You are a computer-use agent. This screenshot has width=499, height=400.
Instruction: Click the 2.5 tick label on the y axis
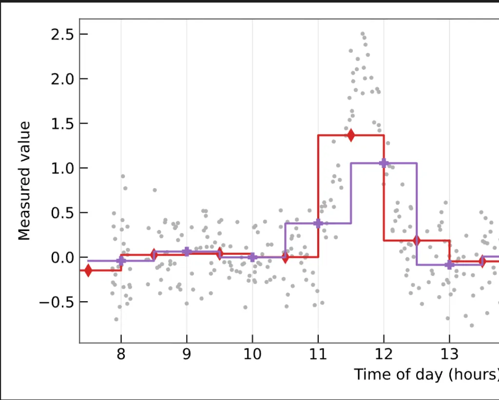coord(63,34)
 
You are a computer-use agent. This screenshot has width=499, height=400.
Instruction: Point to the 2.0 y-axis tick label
coord(63,79)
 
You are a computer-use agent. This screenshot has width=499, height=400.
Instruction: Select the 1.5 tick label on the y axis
coord(63,124)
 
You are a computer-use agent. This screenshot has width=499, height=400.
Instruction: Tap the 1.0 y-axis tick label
coord(63,168)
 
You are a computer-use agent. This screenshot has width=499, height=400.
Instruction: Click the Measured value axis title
coord(25,181)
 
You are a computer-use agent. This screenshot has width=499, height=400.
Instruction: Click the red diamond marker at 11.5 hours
coord(351,135)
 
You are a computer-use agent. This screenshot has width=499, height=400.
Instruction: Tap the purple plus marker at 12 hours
coord(384,163)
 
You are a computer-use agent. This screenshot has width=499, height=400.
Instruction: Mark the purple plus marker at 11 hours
coord(318,223)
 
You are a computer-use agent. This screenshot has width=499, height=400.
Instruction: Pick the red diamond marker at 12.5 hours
coord(416,240)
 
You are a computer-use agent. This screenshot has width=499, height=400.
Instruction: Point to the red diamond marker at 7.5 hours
coord(88,270)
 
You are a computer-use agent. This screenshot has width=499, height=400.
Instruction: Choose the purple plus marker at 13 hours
coord(449,265)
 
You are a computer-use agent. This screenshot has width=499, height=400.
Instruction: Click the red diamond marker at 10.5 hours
coord(285,257)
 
